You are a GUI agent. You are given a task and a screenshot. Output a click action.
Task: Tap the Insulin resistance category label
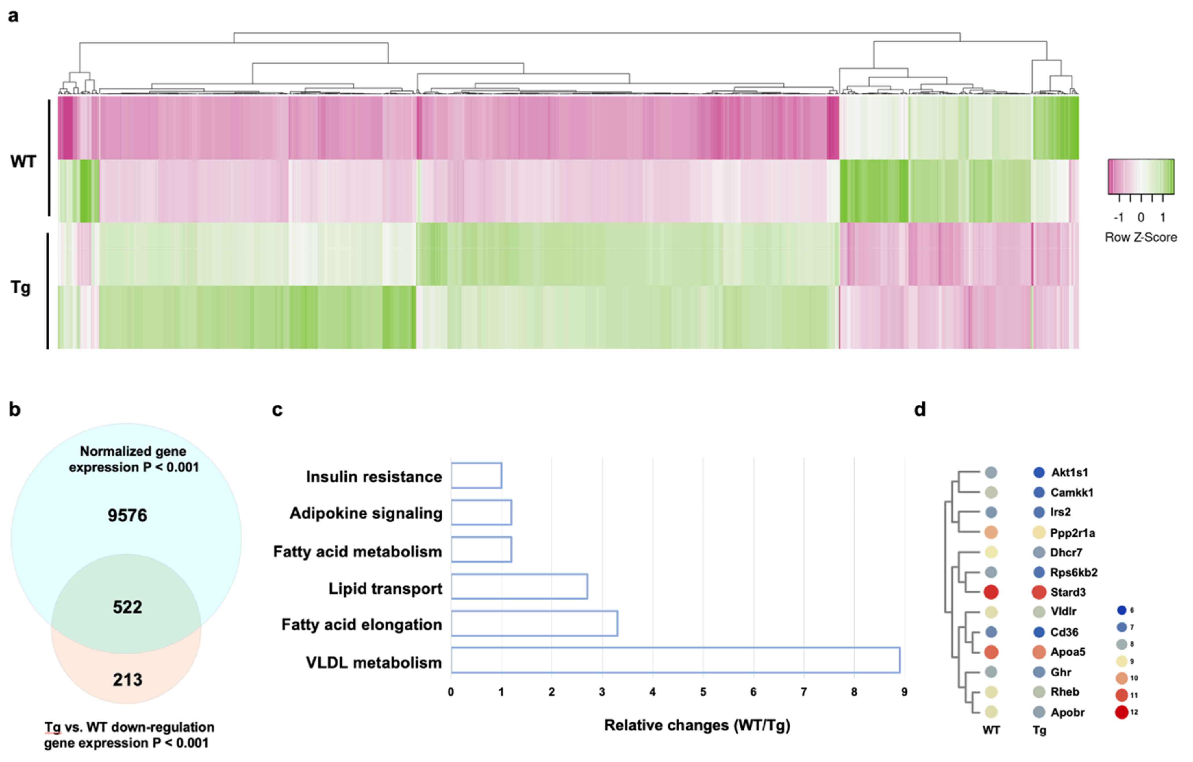[x=374, y=477]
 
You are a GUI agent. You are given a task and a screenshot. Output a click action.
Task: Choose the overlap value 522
[x=127, y=607]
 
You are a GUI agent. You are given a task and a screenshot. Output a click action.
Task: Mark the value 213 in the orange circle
[x=127, y=680]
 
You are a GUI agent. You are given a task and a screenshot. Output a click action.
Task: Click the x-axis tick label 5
[x=703, y=692]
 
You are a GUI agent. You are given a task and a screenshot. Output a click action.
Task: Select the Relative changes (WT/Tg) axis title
[x=696, y=725]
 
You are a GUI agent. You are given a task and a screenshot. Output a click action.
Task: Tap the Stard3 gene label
[x=1068, y=592]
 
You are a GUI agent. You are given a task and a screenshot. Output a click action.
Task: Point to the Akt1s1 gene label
[x=1069, y=473]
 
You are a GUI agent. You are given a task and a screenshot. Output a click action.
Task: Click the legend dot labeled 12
[x=1122, y=713]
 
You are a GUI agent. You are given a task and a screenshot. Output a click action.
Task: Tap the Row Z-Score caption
[x=1140, y=237]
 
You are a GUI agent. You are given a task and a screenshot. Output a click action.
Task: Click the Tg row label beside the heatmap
[x=21, y=287]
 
